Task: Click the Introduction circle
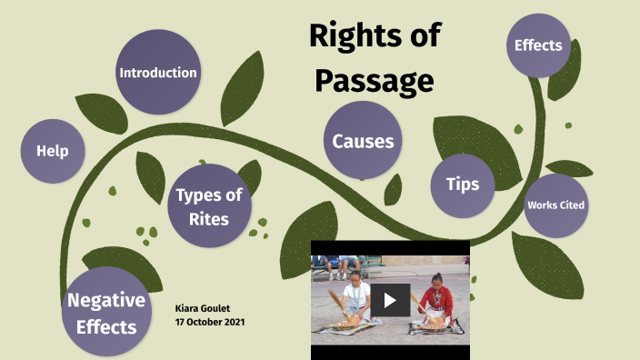(x=158, y=72)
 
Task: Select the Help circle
(x=53, y=151)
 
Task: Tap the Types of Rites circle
(x=209, y=206)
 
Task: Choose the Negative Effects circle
(x=106, y=313)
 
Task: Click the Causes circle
(x=363, y=141)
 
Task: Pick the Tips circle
(x=463, y=184)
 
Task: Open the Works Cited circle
(x=555, y=205)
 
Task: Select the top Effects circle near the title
(x=538, y=45)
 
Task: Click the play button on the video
(x=390, y=299)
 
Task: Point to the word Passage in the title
(x=374, y=81)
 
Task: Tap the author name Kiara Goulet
(x=203, y=309)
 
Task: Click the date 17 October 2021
(x=209, y=323)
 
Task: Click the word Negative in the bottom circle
(x=106, y=301)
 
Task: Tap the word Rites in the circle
(x=210, y=218)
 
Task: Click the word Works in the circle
(x=541, y=205)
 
